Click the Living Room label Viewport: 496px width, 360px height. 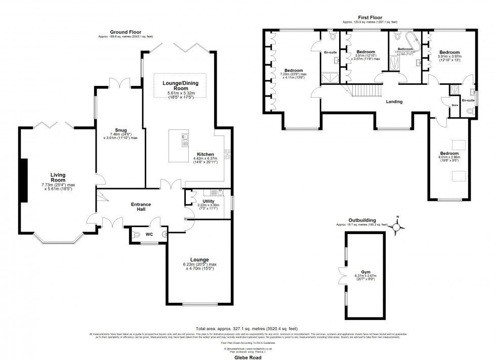58,177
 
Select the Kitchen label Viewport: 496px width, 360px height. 206,154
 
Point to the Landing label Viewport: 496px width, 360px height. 394,102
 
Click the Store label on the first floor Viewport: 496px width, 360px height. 454,105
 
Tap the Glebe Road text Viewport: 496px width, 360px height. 247,355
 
